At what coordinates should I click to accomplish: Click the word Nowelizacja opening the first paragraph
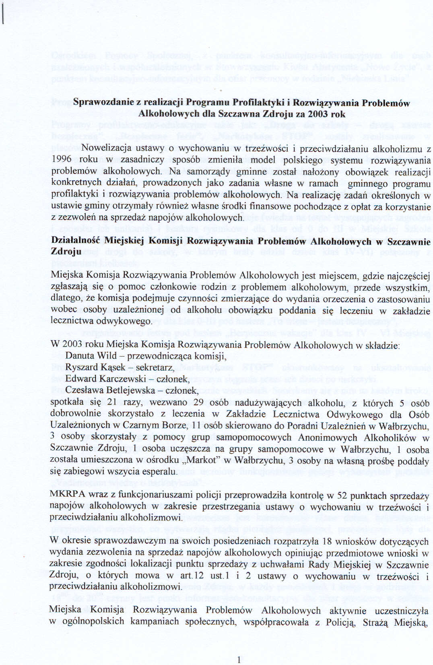pyautogui.click(x=106, y=148)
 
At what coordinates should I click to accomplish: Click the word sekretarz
pyautogui.click(x=155, y=368)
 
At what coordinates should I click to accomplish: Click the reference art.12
pyautogui.click(x=192, y=576)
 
